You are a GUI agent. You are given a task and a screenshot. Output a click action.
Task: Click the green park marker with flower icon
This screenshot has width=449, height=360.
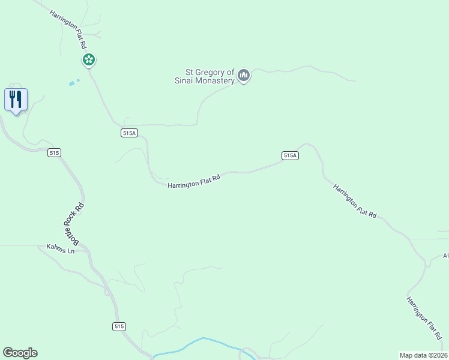pos(89,59)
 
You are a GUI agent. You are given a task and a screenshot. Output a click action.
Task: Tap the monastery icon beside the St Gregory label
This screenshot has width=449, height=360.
pos(243,75)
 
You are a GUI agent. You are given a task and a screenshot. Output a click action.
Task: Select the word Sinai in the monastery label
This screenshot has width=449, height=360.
pos(185,80)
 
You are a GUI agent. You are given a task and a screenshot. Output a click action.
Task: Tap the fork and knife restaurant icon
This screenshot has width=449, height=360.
pos(16,99)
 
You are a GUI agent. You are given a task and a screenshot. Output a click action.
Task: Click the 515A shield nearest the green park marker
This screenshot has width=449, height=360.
pos(129,133)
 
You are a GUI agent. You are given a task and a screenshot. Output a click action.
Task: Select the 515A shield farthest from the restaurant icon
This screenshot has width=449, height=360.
pos(290,155)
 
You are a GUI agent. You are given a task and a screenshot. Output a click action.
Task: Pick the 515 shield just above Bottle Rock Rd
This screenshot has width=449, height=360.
pos(55,153)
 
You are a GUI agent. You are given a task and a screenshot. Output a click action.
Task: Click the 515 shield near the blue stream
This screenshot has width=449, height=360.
pos(119,326)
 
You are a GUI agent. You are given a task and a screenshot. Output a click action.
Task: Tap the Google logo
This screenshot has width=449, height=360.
pos(20,353)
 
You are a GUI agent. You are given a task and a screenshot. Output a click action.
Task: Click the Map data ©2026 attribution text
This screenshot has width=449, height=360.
pos(423,355)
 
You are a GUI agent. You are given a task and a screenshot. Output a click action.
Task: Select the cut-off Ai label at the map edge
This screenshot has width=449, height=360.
pos(445,256)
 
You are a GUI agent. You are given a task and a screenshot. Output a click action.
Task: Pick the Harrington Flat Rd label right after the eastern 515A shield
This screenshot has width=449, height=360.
pos(355,201)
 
